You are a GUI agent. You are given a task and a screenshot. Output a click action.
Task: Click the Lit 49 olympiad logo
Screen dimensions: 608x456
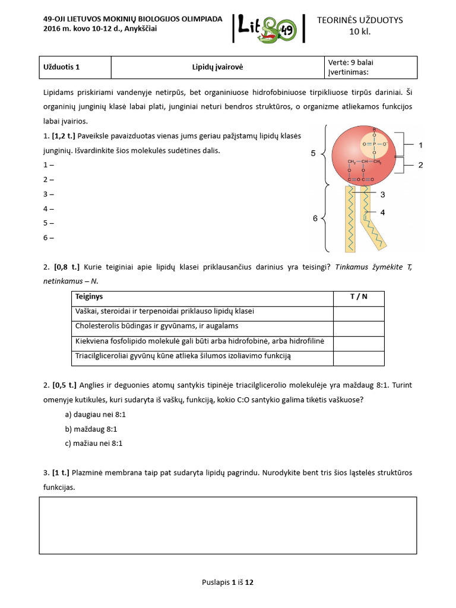click(x=268, y=28)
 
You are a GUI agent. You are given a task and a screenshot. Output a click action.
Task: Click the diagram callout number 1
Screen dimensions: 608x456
click(x=420, y=144)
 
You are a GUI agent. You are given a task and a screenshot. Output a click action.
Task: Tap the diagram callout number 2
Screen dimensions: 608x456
click(x=420, y=165)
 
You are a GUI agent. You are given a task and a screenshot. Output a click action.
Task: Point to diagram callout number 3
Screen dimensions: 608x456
click(x=383, y=194)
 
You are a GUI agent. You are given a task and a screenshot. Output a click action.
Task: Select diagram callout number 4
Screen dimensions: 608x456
click(x=383, y=212)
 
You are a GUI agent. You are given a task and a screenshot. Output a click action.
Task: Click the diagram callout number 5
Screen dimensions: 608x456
click(x=313, y=153)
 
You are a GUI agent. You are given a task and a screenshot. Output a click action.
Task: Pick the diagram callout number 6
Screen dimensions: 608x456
click(x=315, y=218)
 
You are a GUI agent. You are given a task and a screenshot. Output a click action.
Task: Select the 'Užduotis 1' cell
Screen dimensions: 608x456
click(x=62, y=67)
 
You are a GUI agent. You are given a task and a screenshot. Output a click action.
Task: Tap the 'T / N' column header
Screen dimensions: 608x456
click(x=358, y=296)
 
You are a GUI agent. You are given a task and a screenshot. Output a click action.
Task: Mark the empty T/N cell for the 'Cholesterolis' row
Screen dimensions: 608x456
click(x=358, y=327)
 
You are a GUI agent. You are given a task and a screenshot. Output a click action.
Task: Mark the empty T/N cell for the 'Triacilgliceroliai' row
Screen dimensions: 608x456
click(x=358, y=357)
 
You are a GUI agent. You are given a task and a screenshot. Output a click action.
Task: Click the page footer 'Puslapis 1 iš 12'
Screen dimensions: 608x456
click(x=227, y=582)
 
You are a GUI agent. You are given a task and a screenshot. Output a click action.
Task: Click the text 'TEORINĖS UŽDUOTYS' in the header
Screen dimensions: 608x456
click(x=368, y=20)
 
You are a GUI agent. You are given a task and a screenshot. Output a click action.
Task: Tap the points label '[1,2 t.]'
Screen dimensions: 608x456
click(x=63, y=137)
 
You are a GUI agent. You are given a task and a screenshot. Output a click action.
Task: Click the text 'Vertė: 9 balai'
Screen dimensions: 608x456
click(x=350, y=62)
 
